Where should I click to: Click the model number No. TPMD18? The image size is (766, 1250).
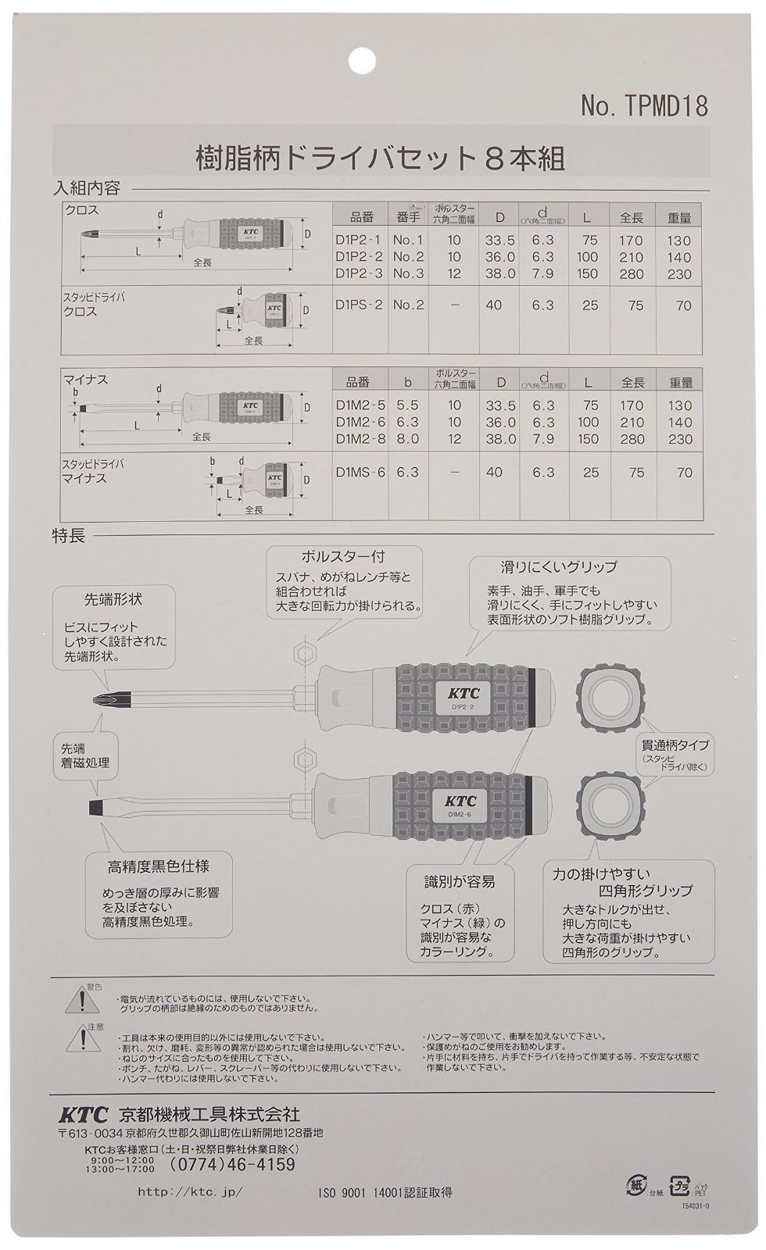pyautogui.click(x=644, y=106)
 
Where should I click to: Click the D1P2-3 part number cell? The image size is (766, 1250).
pyautogui.click(x=359, y=273)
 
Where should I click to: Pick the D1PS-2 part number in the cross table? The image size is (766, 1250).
pyautogui.click(x=359, y=305)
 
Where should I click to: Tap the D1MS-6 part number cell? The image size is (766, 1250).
pyautogui.click(x=359, y=472)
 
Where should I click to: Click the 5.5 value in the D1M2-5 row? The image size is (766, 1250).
pyautogui.click(x=407, y=405)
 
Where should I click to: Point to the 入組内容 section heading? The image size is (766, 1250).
pyautogui.click(x=86, y=188)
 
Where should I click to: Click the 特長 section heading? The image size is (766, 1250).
pyautogui.click(x=68, y=536)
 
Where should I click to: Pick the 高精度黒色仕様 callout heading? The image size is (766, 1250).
pyautogui.click(x=158, y=866)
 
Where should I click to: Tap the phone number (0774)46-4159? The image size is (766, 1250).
pyautogui.click(x=232, y=1165)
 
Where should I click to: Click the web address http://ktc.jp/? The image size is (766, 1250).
pyautogui.click(x=190, y=1192)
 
